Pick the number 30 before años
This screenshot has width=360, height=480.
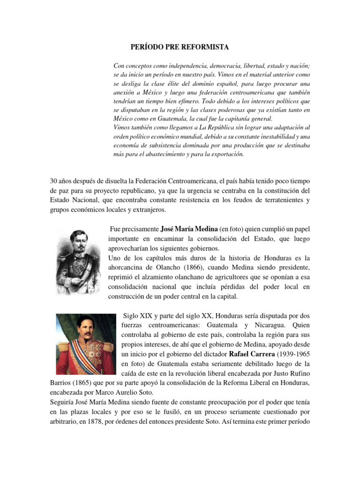click(53, 181)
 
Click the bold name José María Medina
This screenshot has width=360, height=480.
click(189, 229)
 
